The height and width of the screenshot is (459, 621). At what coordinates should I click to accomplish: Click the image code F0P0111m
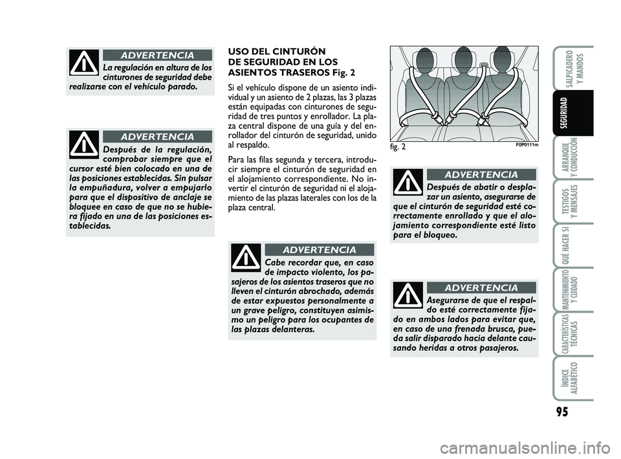pyautogui.click(x=527, y=145)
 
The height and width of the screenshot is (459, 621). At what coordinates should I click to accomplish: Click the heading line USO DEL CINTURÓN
pyautogui.click(x=272, y=50)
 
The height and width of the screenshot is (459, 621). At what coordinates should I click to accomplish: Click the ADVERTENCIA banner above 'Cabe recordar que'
pyautogui.click(x=320, y=250)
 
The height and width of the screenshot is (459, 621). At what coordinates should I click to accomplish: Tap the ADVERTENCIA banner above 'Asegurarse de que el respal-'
pyautogui.click(x=482, y=287)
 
